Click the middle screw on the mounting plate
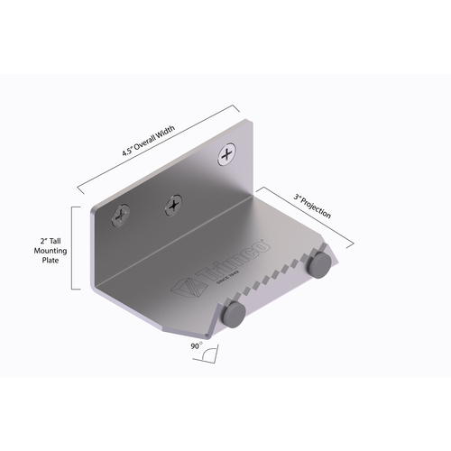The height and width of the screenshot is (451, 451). (171, 207)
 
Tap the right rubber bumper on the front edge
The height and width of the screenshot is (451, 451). (318, 264)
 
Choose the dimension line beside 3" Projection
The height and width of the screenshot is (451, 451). (303, 217)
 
